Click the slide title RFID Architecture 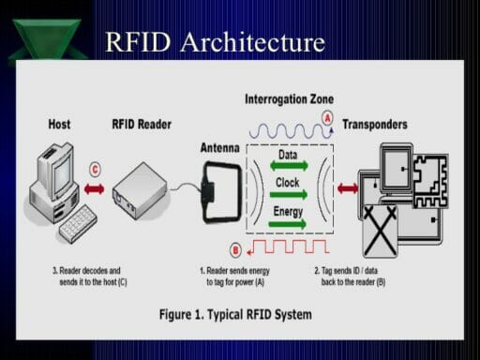(x=215, y=42)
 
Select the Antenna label (x=219, y=147)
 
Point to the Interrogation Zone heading (x=289, y=98)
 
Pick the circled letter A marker (x=326, y=118)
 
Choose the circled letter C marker (x=95, y=170)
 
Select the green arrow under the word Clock (x=288, y=194)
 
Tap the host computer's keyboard (x=77, y=223)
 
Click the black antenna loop (x=218, y=192)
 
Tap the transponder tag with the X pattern (x=380, y=230)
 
